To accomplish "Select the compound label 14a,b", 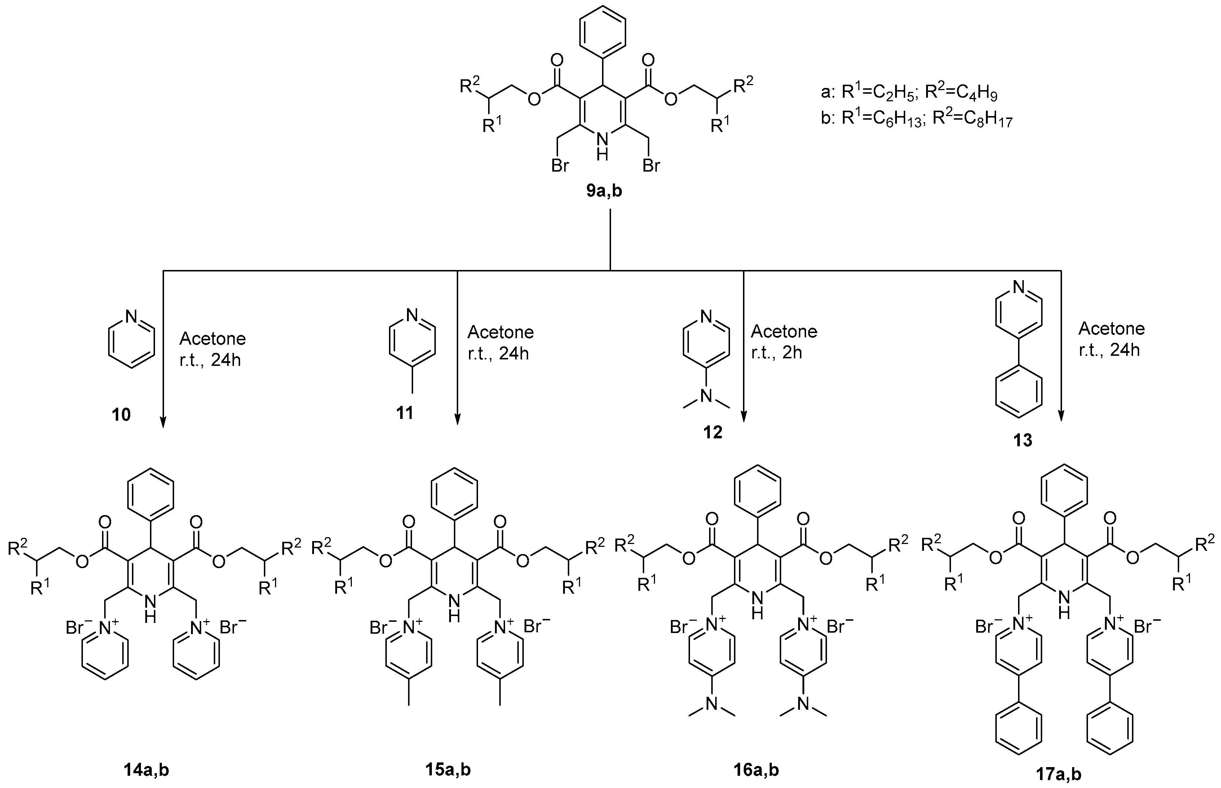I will pos(146,770).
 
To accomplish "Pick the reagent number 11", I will pos(405,412).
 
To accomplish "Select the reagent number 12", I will pos(713,432).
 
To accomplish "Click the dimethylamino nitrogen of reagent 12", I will pos(706,394).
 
